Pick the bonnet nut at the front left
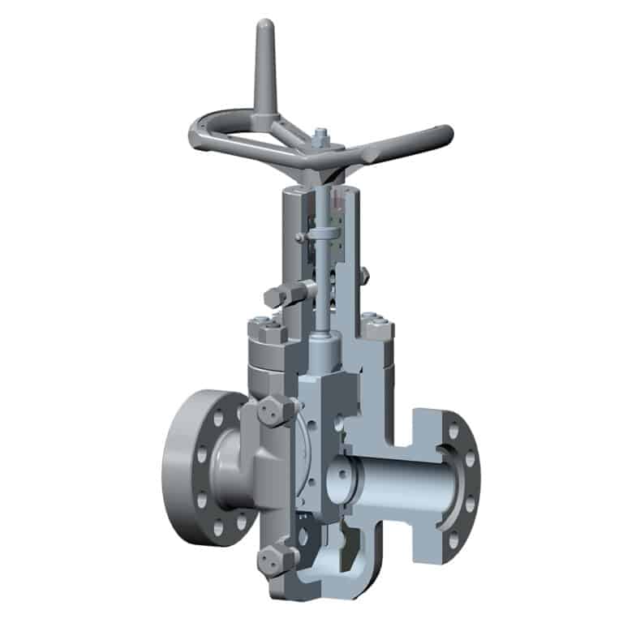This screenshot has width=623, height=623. [x=267, y=333]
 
